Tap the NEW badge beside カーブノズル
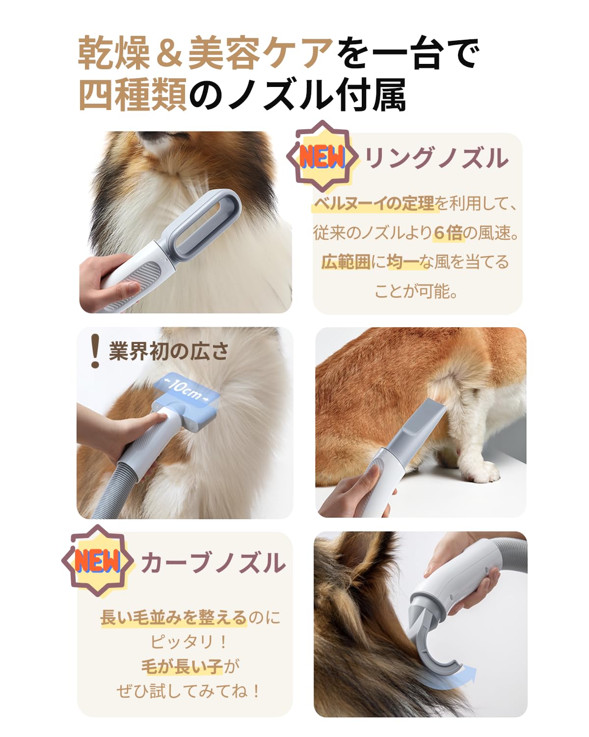(97, 561)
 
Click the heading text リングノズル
(436, 158)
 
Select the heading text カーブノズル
(213, 563)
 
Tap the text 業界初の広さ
(169, 351)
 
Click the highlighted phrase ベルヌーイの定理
(374, 203)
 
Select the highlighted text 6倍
(448, 232)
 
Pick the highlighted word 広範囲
(346, 262)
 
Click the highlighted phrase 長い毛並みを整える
(173, 617)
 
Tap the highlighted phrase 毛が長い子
(182, 667)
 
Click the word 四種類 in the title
(133, 95)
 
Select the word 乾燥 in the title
(114, 53)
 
